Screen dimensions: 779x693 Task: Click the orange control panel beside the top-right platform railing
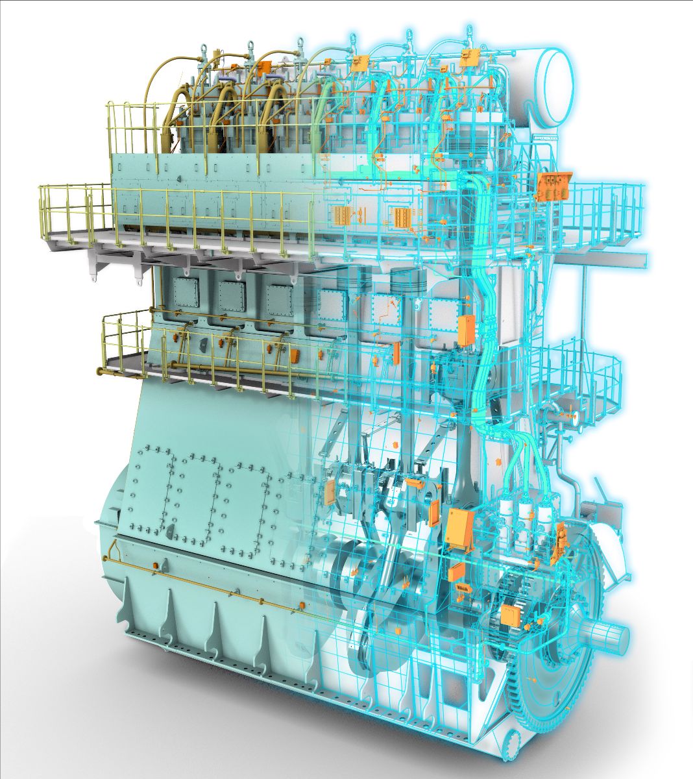[x=553, y=186]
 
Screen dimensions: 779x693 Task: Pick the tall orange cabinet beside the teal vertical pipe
[x=467, y=330]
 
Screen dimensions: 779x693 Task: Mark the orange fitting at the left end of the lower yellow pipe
[x=156, y=567]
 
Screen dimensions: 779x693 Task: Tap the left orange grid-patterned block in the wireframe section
[x=341, y=216]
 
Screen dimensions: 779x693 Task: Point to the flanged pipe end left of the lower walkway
[x=101, y=371]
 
